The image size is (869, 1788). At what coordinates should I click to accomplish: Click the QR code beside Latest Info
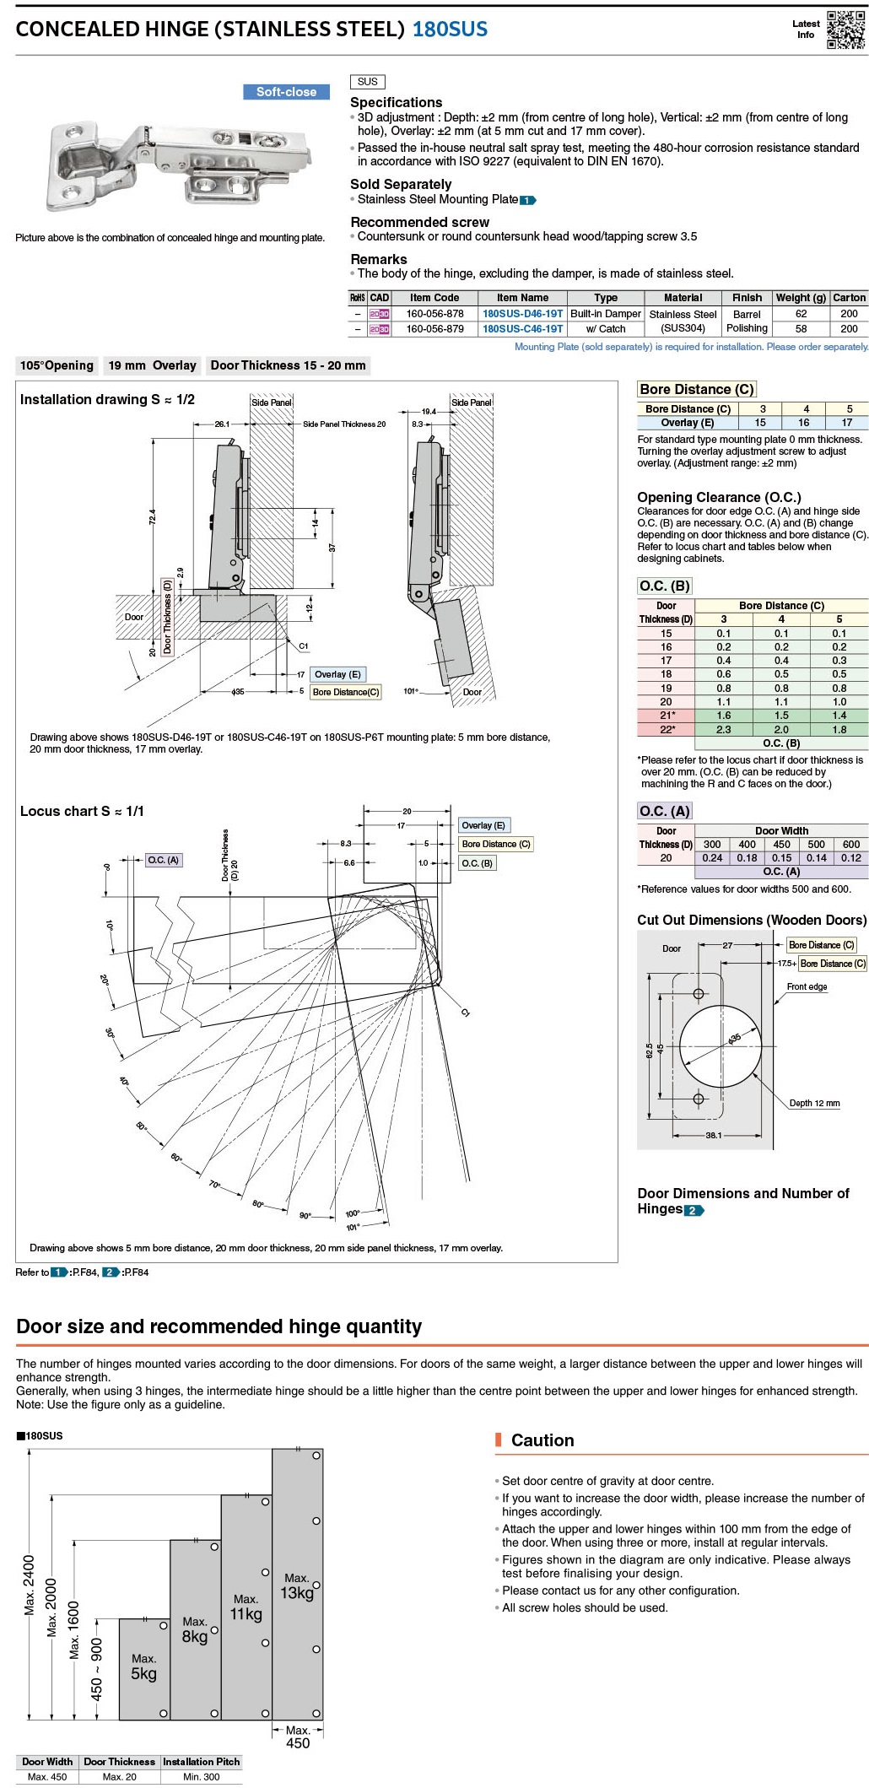tap(845, 30)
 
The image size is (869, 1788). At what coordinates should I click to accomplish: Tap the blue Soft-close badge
tap(286, 92)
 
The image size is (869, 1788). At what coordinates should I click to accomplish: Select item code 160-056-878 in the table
tap(434, 314)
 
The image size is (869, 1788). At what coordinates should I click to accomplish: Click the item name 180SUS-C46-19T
tap(522, 329)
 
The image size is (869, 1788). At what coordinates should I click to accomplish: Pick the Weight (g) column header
tap(800, 298)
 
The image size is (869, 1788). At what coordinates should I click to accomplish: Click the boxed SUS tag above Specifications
tap(367, 82)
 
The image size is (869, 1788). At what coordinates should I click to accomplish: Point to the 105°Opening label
tap(57, 365)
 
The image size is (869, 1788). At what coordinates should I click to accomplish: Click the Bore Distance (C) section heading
tap(696, 389)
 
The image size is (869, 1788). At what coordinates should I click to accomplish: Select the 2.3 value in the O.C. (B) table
tap(723, 729)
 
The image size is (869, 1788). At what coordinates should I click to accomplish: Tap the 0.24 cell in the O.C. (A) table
tap(712, 857)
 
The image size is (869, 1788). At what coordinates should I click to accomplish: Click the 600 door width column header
tap(850, 844)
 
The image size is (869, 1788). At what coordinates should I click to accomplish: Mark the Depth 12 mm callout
tap(814, 1103)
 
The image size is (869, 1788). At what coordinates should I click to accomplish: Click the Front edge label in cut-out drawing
tap(807, 986)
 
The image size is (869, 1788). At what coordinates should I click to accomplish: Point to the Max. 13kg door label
tap(297, 1585)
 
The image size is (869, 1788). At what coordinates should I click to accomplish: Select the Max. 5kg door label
tap(143, 1666)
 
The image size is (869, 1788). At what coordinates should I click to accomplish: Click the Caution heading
tap(542, 1440)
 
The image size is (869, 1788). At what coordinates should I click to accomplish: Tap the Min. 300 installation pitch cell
tap(201, 1776)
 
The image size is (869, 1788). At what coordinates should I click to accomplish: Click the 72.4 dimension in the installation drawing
tap(153, 516)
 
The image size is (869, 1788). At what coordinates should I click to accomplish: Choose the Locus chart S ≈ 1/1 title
tap(82, 811)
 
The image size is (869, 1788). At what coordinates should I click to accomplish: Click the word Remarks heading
tap(378, 259)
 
